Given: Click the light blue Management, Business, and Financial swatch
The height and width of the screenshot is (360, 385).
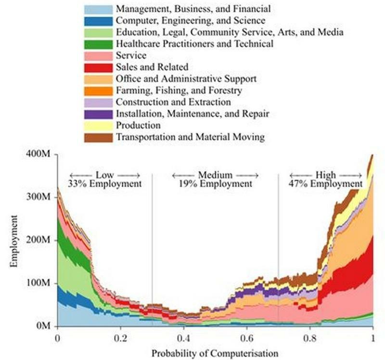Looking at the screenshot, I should pos(99,9).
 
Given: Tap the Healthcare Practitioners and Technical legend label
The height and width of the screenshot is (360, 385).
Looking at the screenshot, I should pos(195,44).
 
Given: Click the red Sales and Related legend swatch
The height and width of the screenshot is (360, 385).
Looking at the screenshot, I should pos(99,67).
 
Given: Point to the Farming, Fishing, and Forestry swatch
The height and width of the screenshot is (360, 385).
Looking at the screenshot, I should pos(99,90).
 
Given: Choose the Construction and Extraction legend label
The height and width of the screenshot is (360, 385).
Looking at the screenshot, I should pos(173,102).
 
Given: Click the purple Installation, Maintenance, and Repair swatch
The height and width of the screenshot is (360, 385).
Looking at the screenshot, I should pos(99,114).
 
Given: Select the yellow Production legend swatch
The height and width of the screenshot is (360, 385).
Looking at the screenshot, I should pos(99,126).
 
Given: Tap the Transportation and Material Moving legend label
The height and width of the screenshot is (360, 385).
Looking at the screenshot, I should pos(191,137).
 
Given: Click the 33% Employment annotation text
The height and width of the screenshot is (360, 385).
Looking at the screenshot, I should pos(105,184).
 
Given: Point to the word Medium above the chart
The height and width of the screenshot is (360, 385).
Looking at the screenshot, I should pos(215,175).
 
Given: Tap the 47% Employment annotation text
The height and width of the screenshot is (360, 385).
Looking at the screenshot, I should pos(325,184).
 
